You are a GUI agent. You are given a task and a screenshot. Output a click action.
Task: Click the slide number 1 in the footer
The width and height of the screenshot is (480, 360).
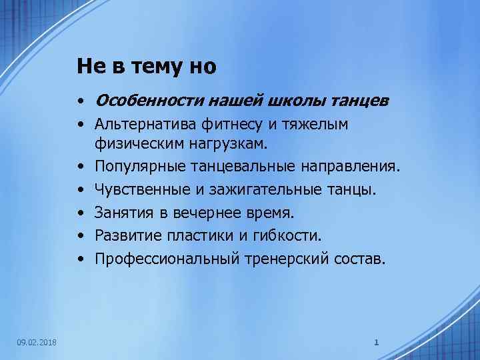377,343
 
